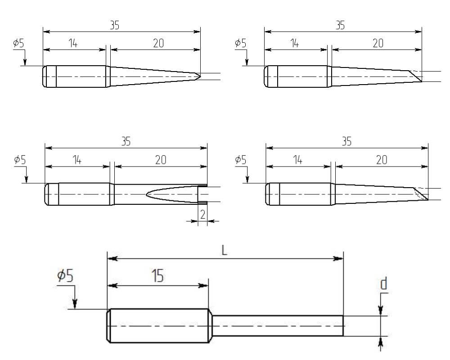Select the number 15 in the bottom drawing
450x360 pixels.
pos(157,276)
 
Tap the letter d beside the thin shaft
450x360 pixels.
pos(383,284)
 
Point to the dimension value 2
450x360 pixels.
pos(202,214)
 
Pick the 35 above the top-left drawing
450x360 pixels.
pos(115,25)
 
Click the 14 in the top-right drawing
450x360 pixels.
pos(294,43)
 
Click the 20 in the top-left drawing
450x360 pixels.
pos(158,43)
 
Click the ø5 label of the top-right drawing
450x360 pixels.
pos(241,44)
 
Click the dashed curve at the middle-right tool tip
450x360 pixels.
pos(422,194)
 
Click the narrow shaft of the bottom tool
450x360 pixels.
pos(277,325)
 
